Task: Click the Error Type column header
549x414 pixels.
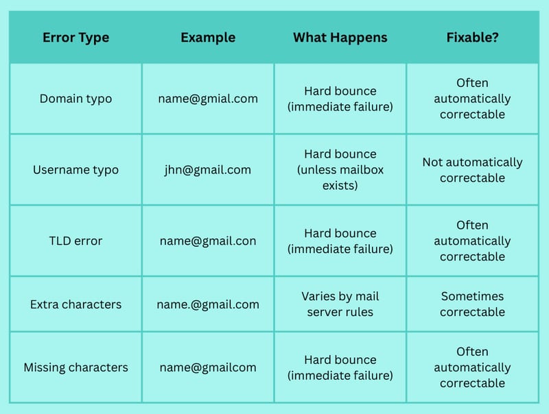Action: pos(75,38)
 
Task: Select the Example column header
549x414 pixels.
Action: pos(208,38)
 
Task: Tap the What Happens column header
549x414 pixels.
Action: pos(340,38)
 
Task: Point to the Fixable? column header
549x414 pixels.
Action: pos(472,37)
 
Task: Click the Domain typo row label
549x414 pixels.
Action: pos(75,99)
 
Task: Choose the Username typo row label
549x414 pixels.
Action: pos(75,170)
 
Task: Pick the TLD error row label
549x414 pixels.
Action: pos(75,241)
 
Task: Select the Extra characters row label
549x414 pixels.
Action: pos(75,304)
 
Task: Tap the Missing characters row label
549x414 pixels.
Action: pos(75,367)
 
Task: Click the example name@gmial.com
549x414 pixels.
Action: pos(208,99)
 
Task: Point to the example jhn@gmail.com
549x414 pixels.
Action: pos(208,170)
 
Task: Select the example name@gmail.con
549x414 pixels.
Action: pos(208,241)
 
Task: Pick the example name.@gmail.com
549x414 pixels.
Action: pos(208,304)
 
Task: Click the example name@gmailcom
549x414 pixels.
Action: pos(208,368)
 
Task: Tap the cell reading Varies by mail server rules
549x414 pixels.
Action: pos(340,304)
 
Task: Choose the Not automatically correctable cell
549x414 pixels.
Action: pos(472,170)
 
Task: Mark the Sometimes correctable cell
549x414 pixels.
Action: pos(472,304)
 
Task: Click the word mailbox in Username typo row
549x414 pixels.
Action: pos(362,170)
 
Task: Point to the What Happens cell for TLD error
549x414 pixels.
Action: pos(340,241)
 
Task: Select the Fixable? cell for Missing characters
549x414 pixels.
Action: pos(472,367)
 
